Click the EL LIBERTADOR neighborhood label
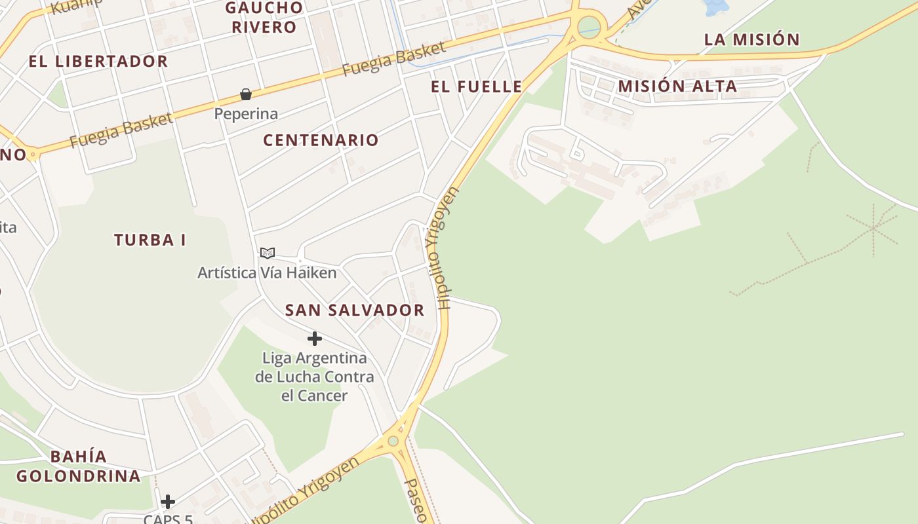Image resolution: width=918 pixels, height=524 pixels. click(x=98, y=62)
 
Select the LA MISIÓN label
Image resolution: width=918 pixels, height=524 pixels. click(x=751, y=39)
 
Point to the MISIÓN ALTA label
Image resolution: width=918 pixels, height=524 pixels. click(x=677, y=86)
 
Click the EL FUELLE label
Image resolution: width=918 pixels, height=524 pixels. click(x=477, y=86)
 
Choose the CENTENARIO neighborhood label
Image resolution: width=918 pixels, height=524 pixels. click(x=321, y=140)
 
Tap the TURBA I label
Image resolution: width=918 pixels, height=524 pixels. click(x=150, y=240)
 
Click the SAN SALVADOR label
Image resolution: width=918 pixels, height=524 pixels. click(x=355, y=310)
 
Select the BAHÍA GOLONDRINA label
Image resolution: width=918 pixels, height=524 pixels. click(x=79, y=466)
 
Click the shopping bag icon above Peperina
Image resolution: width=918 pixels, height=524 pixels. click(x=246, y=94)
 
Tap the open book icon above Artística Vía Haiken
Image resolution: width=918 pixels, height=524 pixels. click(x=267, y=253)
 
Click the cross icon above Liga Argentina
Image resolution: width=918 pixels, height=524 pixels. click(x=315, y=339)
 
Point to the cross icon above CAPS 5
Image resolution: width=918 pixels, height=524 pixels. click(x=168, y=502)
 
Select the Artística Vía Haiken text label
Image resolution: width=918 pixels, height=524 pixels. click(x=268, y=272)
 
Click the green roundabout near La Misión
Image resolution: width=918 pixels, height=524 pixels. click(x=589, y=27)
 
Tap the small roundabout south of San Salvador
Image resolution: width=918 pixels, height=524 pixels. click(x=393, y=441)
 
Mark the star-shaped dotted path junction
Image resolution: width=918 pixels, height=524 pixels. click(x=873, y=228)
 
